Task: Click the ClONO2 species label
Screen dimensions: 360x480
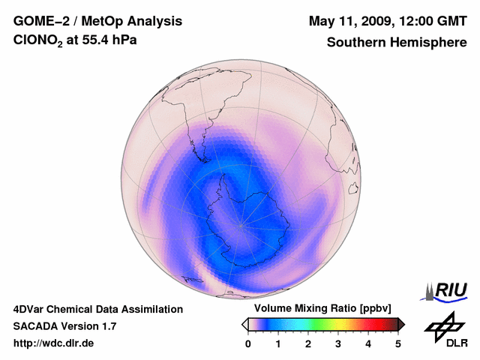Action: [38, 42]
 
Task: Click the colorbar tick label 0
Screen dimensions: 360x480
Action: [248, 343]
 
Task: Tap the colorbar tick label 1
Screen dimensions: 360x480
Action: [278, 343]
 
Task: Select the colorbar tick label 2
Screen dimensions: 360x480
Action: [308, 343]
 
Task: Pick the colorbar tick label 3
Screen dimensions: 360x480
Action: [338, 343]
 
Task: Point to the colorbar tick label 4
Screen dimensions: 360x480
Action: [368, 343]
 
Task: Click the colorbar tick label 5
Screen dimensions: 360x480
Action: [398, 343]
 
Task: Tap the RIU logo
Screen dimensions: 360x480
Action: [446, 290]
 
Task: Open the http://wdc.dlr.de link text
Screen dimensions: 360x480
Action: [54, 343]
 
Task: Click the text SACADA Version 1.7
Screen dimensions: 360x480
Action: [64, 326]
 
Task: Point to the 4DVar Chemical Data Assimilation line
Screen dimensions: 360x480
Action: [98, 309]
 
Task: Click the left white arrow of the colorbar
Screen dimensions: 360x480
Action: [244, 324]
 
